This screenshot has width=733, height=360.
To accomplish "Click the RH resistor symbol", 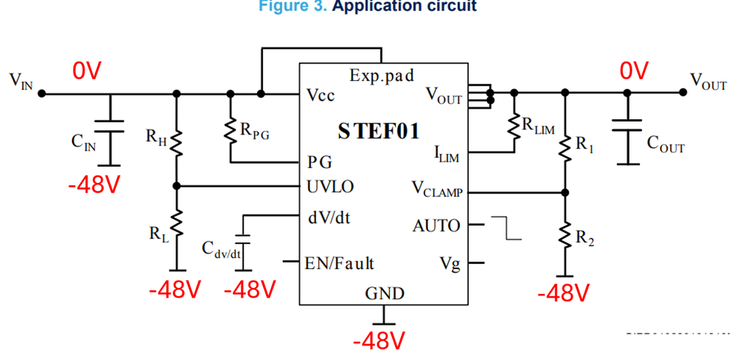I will (176, 140).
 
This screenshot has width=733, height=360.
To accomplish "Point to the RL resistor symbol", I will (176, 223).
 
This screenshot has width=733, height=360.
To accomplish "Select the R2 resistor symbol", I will (565, 234).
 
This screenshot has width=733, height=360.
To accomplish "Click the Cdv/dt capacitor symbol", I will (245, 240).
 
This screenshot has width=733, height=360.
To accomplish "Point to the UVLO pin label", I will (330, 187).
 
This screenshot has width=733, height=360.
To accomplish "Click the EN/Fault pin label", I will (339, 262).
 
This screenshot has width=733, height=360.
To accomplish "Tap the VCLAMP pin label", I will (436, 191).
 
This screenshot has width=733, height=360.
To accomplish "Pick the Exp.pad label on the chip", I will (382, 75).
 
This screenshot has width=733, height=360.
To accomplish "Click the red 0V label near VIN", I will (86, 71).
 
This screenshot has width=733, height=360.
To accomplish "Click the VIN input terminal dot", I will (42, 93).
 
